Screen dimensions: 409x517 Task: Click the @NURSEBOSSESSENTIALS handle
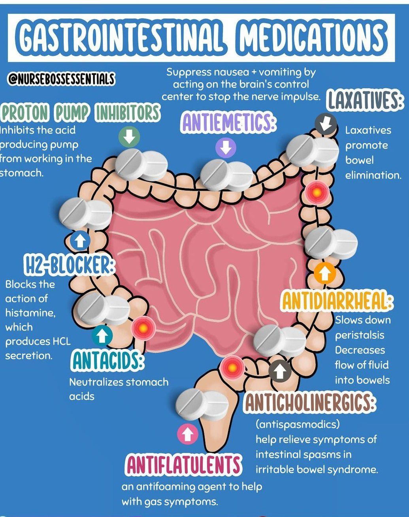click(x=61, y=79)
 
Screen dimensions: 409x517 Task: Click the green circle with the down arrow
click(x=130, y=136)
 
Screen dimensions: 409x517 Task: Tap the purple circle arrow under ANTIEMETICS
click(x=226, y=147)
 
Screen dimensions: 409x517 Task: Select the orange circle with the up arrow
click(x=324, y=273)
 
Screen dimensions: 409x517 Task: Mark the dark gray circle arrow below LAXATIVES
click(x=326, y=124)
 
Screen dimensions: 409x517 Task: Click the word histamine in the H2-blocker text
click(x=30, y=313)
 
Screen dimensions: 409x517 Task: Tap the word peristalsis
click(x=360, y=335)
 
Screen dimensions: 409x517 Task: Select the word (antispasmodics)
click(x=298, y=425)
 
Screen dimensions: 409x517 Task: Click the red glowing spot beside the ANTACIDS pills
click(x=143, y=327)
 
